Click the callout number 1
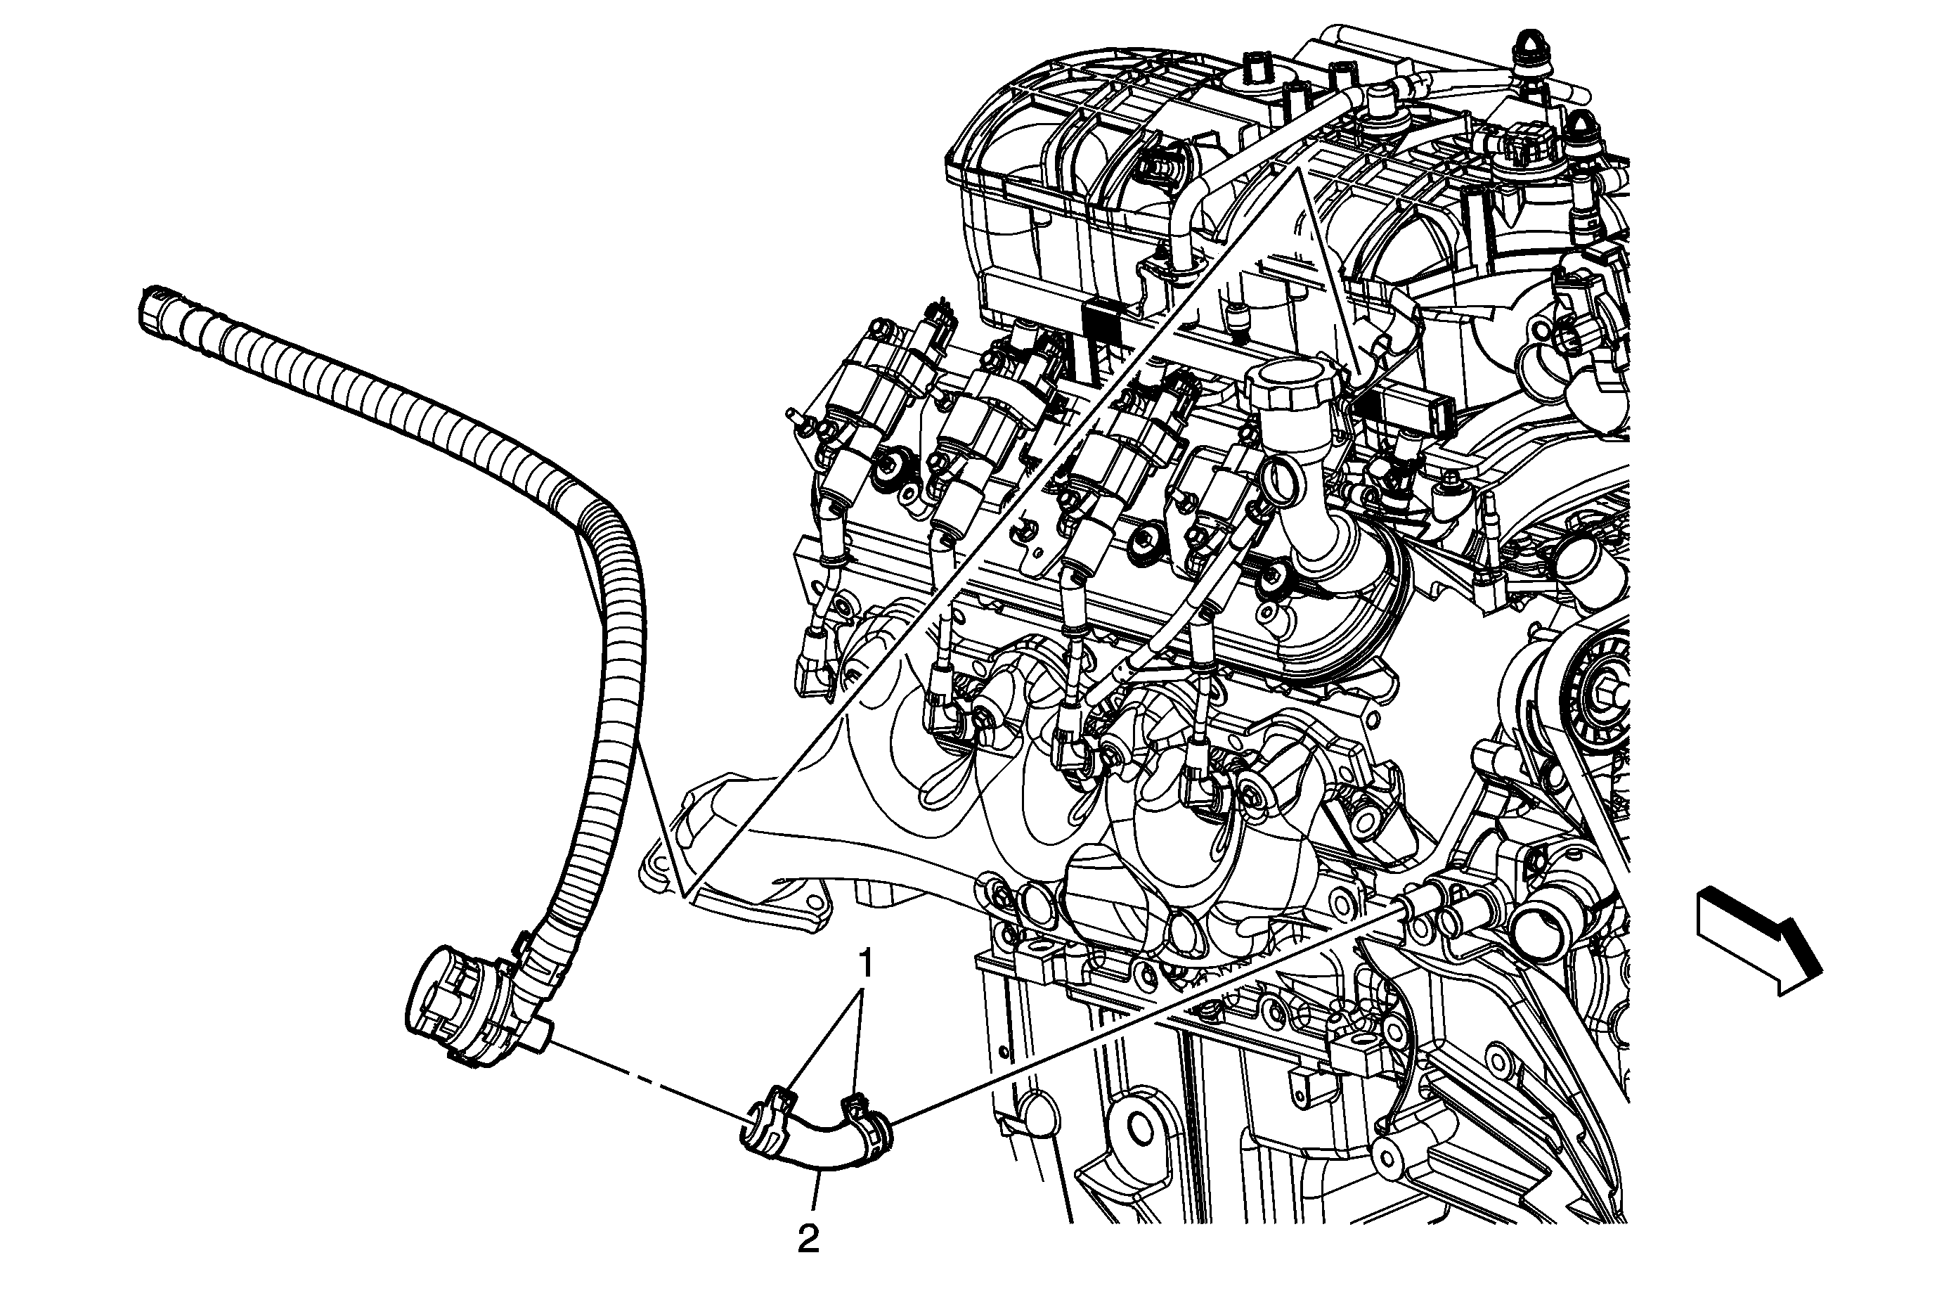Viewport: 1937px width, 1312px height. (x=866, y=965)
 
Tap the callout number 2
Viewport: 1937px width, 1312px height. (x=808, y=1240)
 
